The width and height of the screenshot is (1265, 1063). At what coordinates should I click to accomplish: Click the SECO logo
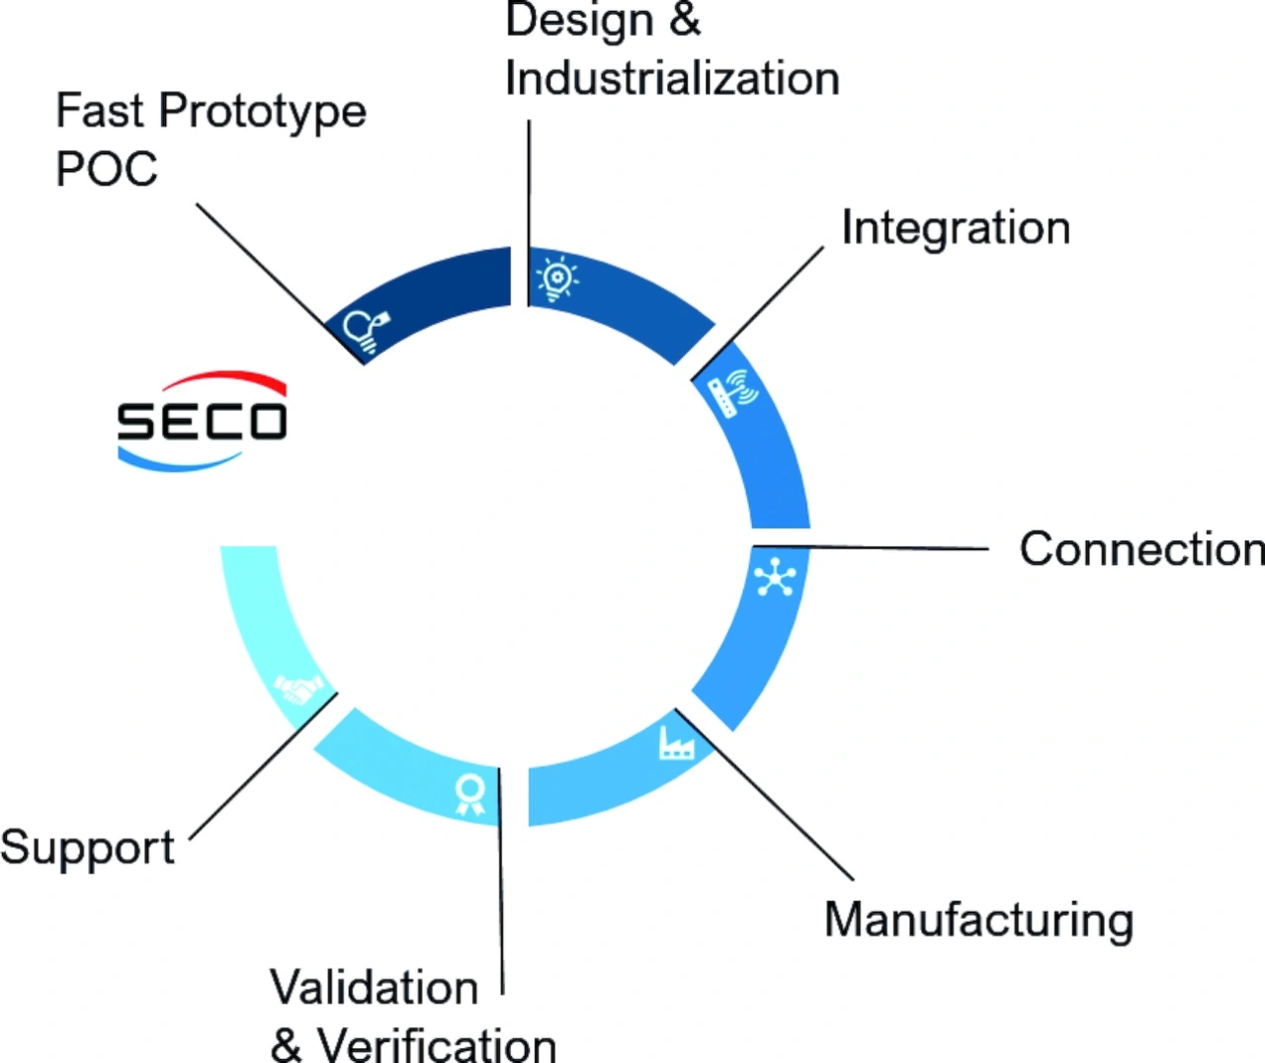coord(203,422)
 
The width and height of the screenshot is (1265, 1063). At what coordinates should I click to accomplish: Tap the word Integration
coord(956,229)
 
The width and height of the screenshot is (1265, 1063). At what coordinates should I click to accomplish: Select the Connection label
coord(1141,549)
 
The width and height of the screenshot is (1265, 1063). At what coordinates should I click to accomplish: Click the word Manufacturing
coord(978,920)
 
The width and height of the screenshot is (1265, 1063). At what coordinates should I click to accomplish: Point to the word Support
coord(87,848)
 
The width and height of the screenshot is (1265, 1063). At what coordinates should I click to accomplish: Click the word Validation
coord(375,987)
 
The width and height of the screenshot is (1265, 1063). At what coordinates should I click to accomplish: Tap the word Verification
coord(436,1044)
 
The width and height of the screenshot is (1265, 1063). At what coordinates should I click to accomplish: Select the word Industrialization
coord(672,79)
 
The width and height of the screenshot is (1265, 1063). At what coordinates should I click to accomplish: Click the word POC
coord(107,169)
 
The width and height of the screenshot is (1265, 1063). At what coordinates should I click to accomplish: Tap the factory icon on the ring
coord(676,742)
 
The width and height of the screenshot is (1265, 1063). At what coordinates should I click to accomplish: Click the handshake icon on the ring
coord(298,688)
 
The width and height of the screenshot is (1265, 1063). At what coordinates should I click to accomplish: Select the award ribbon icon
coord(469,793)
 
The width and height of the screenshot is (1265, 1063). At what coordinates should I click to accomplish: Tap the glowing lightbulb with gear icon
coord(556,279)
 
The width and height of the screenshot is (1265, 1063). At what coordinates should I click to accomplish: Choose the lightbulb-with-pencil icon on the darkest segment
coord(366,329)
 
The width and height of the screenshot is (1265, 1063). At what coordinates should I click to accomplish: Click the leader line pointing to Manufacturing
coord(765,795)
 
